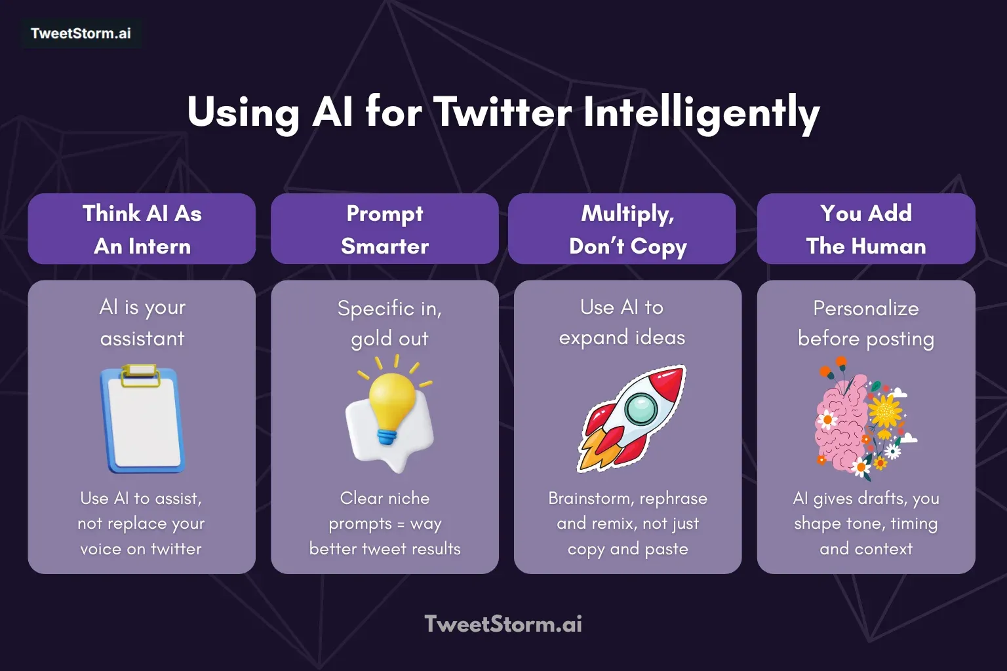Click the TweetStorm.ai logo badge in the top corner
pyautogui.click(x=81, y=33)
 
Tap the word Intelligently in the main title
pyautogui.click(x=701, y=112)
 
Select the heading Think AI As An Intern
pyautogui.click(x=142, y=229)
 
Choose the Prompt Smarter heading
pyautogui.click(x=385, y=229)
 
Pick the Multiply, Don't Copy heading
pyautogui.click(x=627, y=229)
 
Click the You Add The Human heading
pyautogui.click(x=866, y=229)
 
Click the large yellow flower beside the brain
pyautogui.click(x=885, y=412)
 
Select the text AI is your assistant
pyautogui.click(x=142, y=322)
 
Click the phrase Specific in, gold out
pyautogui.click(x=389, y=323)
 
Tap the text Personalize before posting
pyautogui.click(x=866, y=323)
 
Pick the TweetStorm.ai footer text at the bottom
pyautogui.click(x=503, y=624)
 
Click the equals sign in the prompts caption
pyautogui.click(x=401, y=524)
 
